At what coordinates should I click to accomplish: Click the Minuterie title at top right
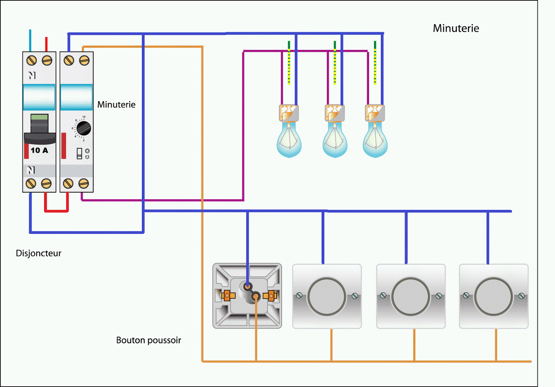coord(456,28)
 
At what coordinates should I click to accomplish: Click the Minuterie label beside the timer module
coord(116,105)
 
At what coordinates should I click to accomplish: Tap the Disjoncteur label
coord(39,253)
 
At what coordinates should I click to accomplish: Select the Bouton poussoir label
coord(148,340)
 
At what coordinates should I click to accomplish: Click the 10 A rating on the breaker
coord(39,150)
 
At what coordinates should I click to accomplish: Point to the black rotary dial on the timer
coord(84,129)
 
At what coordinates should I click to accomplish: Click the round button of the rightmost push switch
coord(493,297)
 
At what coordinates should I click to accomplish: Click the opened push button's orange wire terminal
coord(256,296)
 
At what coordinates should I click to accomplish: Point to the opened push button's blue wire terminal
coord(247,287)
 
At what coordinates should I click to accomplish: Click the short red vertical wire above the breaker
coord(46,44)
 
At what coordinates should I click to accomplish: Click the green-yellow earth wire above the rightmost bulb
coord(375,62)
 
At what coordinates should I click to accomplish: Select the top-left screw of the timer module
coord(69,61)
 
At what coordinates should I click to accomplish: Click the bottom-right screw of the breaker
coord(46,183)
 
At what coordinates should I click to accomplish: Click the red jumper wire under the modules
coord(56,211)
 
